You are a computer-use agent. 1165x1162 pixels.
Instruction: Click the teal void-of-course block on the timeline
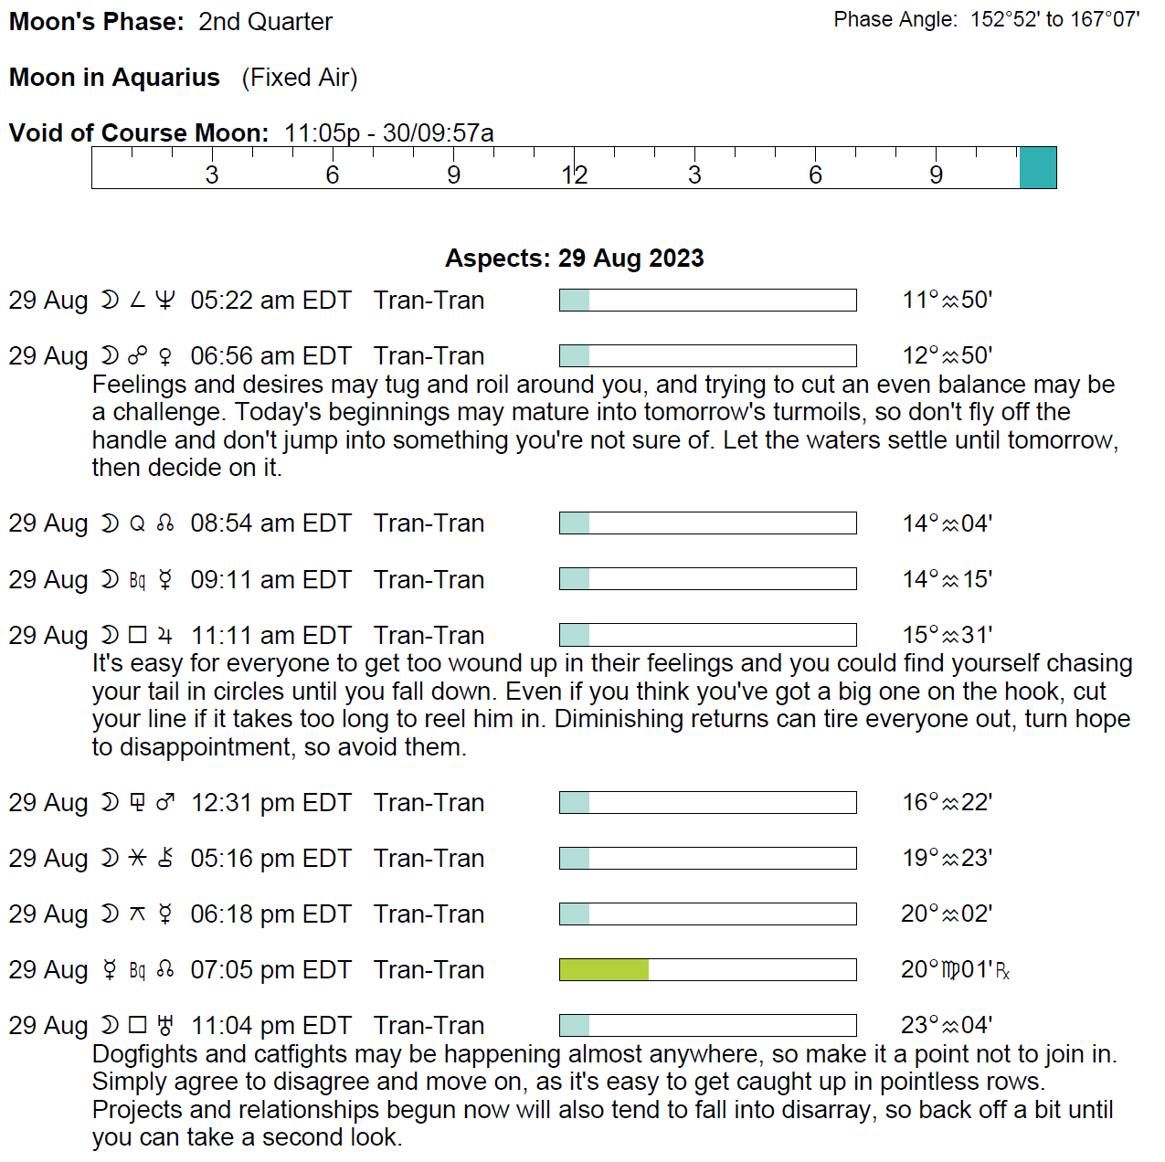coord(1037,168)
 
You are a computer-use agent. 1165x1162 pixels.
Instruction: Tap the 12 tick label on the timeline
coord(574,175)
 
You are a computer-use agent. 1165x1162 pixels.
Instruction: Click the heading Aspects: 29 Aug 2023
coord(574,259)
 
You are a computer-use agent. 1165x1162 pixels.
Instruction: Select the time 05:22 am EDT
coord(270,301)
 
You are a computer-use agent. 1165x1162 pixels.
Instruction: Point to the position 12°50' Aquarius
coord(947,356)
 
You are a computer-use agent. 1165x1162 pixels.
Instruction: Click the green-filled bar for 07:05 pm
coord(604,970)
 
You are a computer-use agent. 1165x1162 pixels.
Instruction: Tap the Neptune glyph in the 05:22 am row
coord(165,301)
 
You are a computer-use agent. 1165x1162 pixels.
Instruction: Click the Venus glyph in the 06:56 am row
coord(165,356)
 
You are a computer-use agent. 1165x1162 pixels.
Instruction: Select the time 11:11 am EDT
coord(270,636)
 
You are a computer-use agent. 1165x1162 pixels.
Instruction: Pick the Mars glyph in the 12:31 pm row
coord(165,803)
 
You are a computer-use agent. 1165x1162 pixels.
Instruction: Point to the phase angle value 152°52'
coord(1004,20)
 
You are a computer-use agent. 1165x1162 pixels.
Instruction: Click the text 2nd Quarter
coord(265,22)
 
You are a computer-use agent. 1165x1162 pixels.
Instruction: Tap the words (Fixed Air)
coord(300,78)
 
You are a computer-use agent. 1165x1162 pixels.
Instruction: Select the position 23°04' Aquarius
coord(947,1026)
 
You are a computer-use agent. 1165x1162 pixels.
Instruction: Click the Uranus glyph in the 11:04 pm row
coord(165,1026)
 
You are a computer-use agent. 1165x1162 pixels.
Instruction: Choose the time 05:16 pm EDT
coord(270,859)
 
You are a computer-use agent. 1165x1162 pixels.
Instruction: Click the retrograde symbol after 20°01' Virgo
coord(1002,972)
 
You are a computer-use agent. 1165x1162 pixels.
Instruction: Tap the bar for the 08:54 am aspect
coord(707,523)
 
